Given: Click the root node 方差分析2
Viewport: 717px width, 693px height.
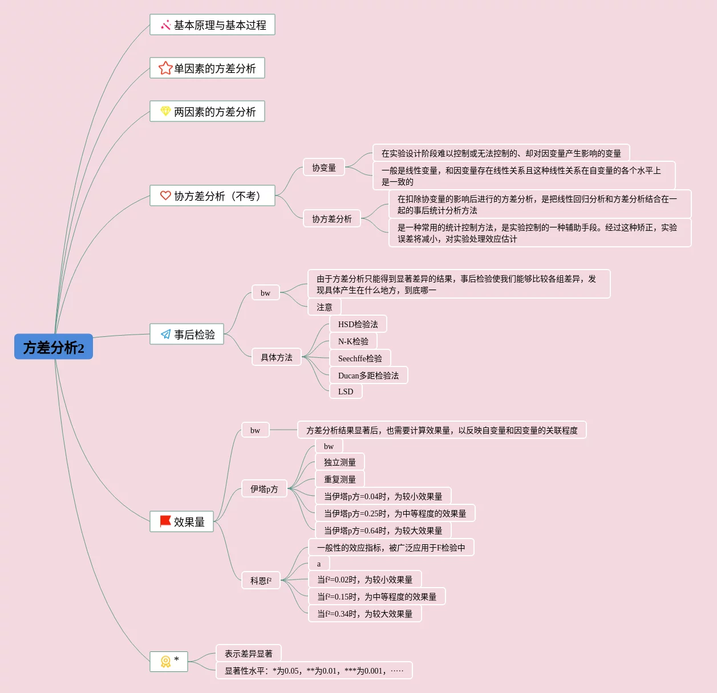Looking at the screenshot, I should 54,347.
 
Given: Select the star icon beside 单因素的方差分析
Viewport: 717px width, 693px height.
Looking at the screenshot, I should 165,68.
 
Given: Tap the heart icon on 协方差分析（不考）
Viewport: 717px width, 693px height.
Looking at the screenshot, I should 165,195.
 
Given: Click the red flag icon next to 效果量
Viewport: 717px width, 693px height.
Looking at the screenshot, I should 165,521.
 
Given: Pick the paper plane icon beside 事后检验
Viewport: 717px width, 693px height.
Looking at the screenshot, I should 165,334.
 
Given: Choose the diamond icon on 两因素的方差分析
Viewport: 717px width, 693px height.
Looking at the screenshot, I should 165,111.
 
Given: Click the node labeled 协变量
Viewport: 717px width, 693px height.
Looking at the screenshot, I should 324,168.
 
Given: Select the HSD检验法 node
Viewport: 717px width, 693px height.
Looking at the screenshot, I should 358,324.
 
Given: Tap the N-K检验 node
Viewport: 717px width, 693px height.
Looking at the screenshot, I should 353,341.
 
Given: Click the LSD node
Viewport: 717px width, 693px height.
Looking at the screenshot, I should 346,392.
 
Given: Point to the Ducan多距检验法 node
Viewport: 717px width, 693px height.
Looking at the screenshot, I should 368,376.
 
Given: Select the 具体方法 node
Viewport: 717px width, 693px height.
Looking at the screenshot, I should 276,357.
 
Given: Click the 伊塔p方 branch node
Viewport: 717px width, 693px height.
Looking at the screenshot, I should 264,489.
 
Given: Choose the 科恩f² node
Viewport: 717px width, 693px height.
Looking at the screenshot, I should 261,581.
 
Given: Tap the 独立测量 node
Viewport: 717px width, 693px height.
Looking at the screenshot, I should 340,462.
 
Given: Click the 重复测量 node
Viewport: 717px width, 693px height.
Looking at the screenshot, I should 340,479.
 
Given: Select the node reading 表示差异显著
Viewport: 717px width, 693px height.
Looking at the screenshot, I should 249,654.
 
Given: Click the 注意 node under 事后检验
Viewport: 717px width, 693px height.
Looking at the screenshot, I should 325,307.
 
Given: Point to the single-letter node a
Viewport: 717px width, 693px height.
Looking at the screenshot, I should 319,564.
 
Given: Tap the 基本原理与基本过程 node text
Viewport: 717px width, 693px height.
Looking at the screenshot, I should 220,25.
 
